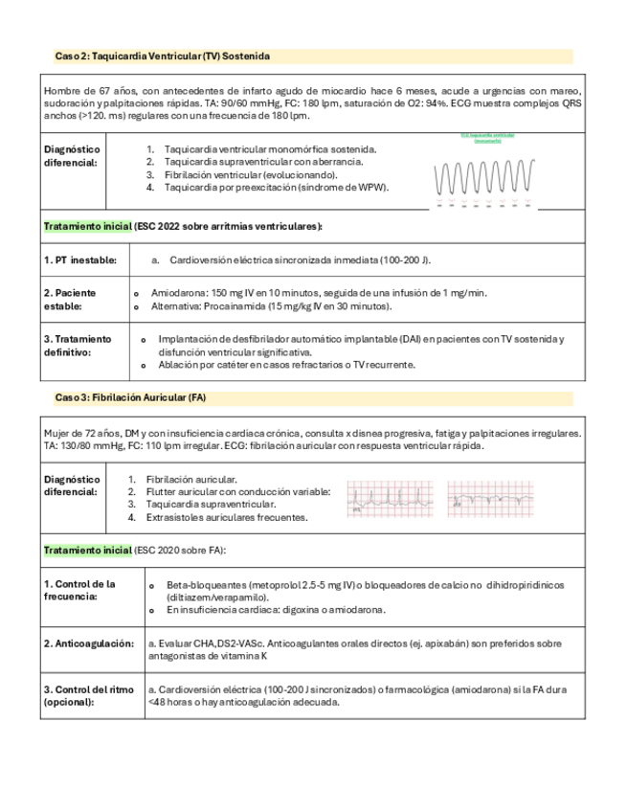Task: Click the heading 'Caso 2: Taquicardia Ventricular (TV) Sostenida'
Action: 163,57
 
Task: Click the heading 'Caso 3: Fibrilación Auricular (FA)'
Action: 131,396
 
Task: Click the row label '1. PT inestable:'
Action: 80,259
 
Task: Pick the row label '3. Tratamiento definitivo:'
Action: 78,345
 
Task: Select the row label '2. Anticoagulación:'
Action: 88,643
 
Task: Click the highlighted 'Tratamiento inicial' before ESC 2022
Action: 88,226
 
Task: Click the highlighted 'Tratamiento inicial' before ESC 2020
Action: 88,551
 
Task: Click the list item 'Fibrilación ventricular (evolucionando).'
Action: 252,175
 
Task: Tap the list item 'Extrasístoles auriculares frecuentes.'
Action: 227,517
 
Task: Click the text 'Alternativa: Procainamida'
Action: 211,306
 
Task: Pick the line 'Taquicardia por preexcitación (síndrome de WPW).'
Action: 276,188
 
